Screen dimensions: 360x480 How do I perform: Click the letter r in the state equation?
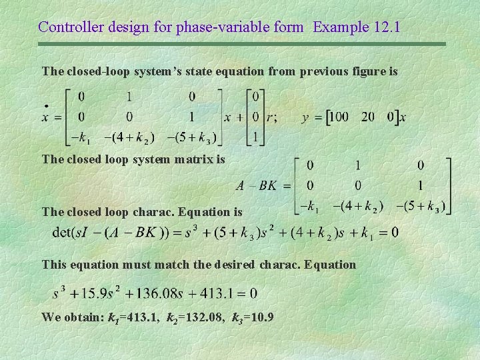pos(271,117)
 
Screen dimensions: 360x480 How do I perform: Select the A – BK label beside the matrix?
pos(256,186)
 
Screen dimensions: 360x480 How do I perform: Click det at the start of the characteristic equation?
pos(63,233)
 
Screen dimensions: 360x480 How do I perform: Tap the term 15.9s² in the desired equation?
pos(99,293)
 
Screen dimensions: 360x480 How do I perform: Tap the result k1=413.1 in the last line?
pos(137,316)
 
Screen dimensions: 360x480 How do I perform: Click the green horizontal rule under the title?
pos(240,44)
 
